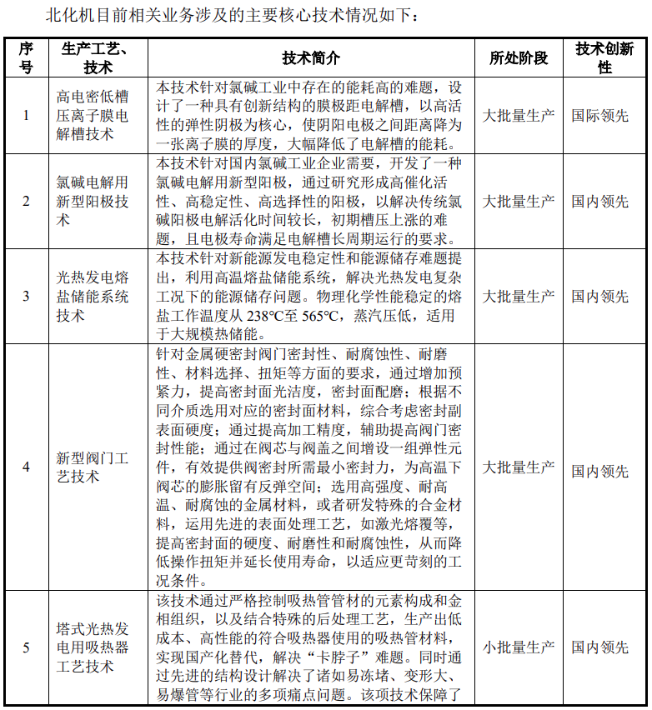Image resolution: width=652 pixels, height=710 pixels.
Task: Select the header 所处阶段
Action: point(519,57)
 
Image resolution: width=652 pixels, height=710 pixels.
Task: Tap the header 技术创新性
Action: point(604,57)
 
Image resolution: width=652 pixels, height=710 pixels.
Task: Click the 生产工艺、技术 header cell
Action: point(93,57)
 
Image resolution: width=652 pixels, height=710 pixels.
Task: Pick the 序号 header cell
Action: point(26,57)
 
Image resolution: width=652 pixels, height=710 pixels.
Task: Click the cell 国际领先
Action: point(600,115)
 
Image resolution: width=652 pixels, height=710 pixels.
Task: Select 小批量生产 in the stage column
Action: point(519,647)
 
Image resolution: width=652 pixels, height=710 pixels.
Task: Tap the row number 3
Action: point(26,296)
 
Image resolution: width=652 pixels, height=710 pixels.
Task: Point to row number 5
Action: point(26,647)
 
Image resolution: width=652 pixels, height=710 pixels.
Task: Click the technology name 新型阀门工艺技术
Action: point(92,467)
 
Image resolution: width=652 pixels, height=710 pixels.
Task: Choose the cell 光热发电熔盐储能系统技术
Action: point(92,296)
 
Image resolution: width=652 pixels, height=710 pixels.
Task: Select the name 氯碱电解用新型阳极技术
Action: point(92,201)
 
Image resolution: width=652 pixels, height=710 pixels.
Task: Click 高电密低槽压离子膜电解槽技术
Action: point(92,115)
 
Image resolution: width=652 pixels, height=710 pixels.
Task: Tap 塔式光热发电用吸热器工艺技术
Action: point(92,647)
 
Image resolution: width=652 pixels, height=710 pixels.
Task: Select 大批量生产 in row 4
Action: point(519,467)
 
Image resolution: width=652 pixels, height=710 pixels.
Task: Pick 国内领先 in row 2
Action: point(600,201)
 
